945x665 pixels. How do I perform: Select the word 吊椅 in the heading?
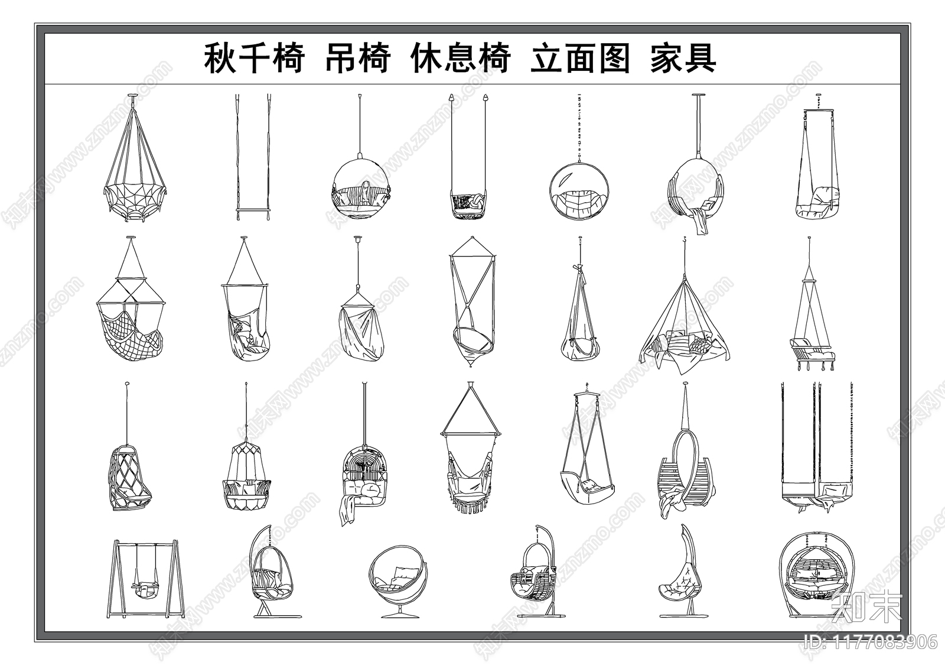click(357, 59)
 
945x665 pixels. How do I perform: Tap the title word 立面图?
click(580, 59)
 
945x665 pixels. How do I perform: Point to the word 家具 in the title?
click(683, 59)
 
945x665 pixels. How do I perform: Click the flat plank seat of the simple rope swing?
click(253, 210)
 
